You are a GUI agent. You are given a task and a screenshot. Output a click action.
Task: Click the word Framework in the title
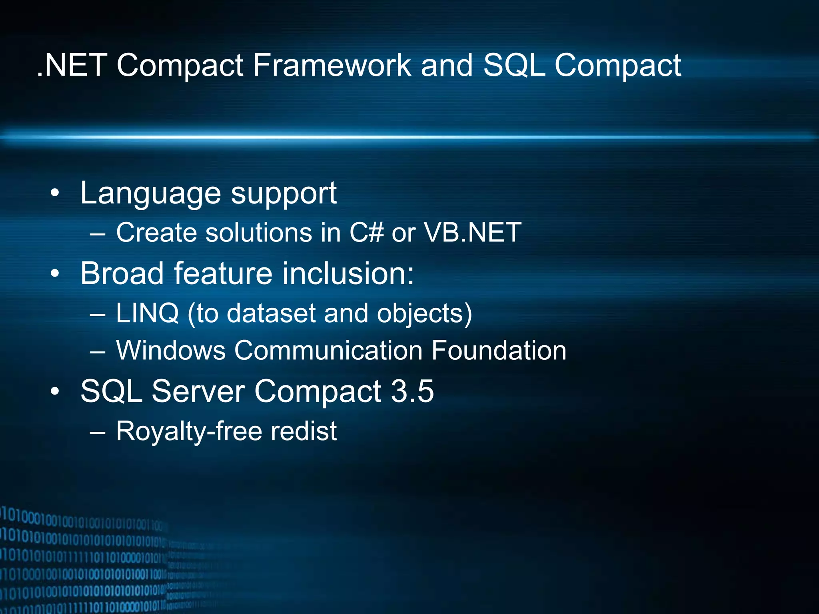[332, 65]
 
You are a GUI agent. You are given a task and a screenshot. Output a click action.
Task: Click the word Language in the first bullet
[150, 193]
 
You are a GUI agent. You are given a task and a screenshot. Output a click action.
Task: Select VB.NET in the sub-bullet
[472, 232]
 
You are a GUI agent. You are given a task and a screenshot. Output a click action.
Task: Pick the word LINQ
[147, 313]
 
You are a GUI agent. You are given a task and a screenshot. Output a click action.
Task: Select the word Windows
[171, 350]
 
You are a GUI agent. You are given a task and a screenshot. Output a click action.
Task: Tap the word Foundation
[499, 350]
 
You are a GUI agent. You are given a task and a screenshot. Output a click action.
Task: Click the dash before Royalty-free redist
[98, 432]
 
